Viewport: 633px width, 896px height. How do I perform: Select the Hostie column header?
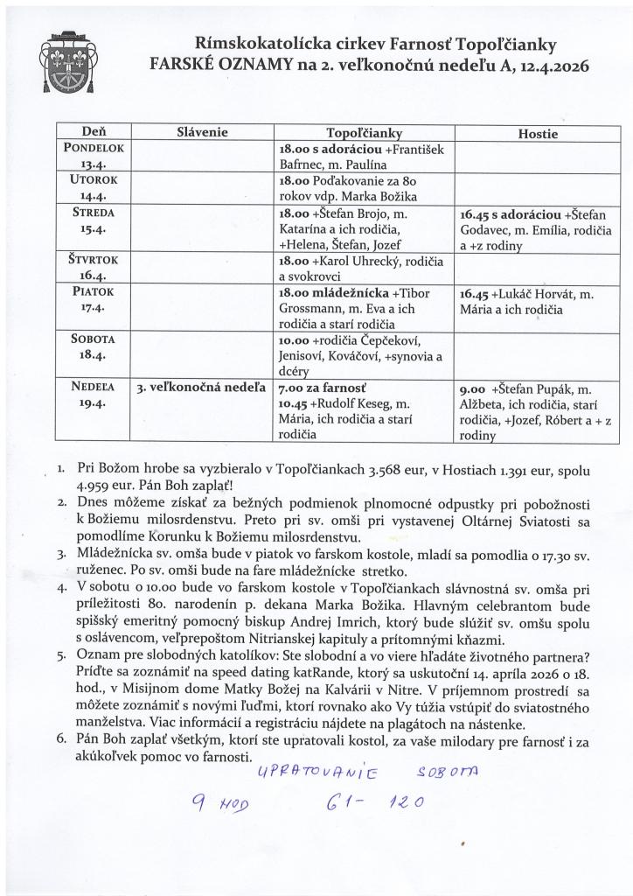538,133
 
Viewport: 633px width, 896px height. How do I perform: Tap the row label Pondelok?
95,149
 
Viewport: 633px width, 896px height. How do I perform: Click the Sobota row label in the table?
94,339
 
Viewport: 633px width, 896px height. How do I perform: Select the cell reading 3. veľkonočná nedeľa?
201,387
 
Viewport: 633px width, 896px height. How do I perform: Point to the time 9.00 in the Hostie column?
473,388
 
